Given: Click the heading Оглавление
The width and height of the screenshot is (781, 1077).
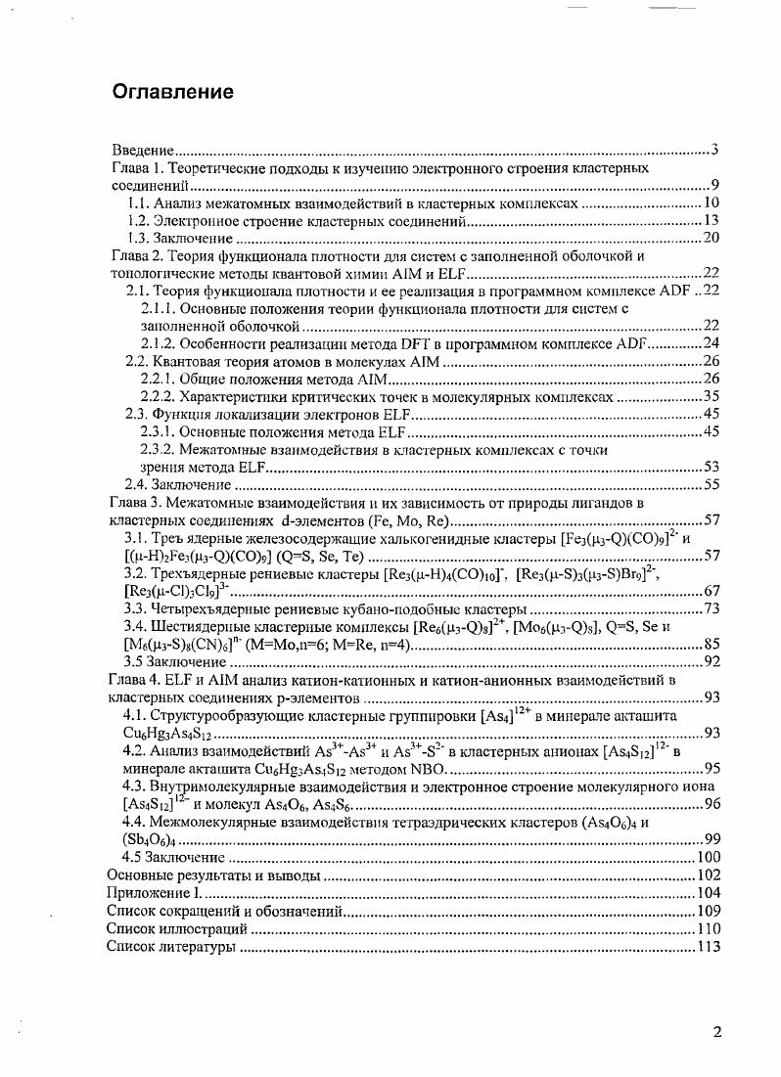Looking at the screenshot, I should (173, 93).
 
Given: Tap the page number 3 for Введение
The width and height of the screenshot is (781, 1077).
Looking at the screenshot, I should (715, 150).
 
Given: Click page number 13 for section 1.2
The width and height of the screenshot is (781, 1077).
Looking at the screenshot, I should (712, 221).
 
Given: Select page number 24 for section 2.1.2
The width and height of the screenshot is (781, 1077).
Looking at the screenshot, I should (712, 343).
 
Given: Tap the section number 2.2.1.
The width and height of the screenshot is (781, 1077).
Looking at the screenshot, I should (160, 379).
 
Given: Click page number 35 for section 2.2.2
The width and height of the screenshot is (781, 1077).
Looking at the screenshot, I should (712, 396).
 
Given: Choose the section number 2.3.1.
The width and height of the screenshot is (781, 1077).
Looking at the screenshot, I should (160, 431).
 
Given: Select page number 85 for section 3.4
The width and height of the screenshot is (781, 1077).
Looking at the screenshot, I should (712, 644).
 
